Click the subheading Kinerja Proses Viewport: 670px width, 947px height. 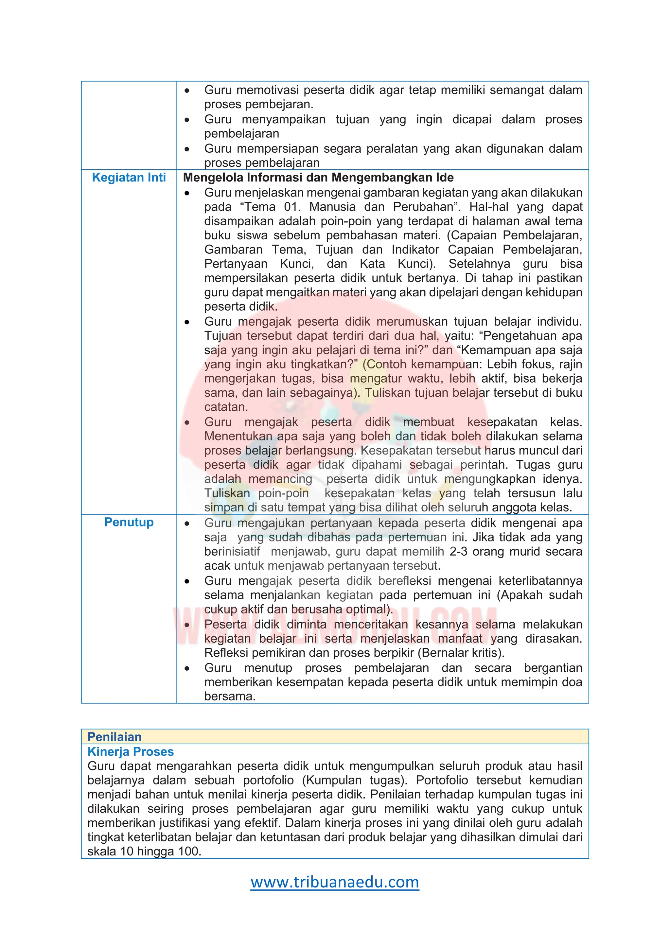point(131,751)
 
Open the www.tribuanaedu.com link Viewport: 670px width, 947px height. point(335,882)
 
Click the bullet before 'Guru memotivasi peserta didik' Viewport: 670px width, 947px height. point(187,90)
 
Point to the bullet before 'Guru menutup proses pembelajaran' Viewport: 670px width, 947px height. point(187,668)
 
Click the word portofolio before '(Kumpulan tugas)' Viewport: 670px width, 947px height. point(268,780)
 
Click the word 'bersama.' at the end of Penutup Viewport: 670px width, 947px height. point(230,696)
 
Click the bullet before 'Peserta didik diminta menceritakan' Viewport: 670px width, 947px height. point(187,625)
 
